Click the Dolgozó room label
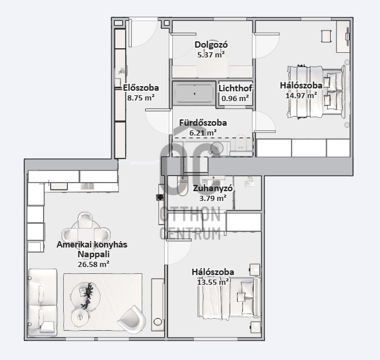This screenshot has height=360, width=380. point(211,45)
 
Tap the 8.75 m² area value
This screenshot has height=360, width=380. point(141,98)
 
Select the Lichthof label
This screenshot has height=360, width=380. point(235,88)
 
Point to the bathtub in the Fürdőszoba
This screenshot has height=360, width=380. point(194,94)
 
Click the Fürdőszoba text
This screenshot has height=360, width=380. point(203,123)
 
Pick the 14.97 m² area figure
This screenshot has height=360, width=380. point(301,95)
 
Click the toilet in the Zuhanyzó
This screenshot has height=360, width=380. point(182,185)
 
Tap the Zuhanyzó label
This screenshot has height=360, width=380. point(213,188)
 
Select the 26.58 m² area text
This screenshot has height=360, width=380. point(94,264)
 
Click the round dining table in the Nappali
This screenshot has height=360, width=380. point(86,229)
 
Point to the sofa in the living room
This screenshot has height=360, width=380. point(42,303)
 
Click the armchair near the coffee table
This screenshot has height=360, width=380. point(132,319)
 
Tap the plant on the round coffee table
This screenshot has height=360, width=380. point(87,295)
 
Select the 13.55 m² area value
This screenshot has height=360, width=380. point(213,282)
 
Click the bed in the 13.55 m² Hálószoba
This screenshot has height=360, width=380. point(229,297)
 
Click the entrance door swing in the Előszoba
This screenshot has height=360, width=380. point(143,33)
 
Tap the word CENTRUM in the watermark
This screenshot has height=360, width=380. point(190,233)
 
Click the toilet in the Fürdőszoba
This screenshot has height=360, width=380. point(241,145)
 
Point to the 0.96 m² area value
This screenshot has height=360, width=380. point(235,98)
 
